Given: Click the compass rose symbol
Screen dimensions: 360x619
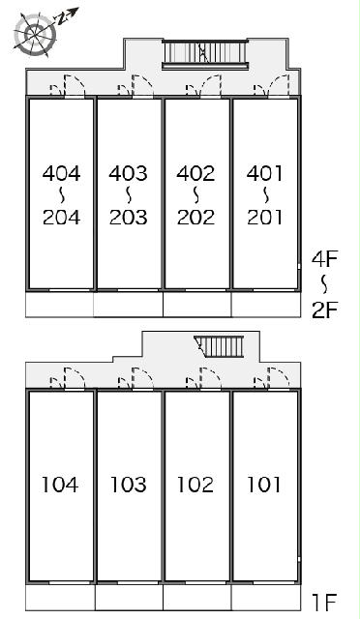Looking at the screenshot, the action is (x=35, y=35).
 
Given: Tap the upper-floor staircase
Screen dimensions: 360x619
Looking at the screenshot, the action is (x=205, y=54).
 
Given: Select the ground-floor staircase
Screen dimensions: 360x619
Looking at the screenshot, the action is (x=220, y=346).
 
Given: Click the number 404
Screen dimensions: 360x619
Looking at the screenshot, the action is (x=61, y=173).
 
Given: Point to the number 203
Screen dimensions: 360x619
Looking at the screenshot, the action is (x=129, y=217).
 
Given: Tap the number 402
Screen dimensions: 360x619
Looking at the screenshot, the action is (x=196, y=173).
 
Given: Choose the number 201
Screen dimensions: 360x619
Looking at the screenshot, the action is (x=264, y=217).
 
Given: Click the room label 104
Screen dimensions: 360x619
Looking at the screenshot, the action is (x=60, y=485).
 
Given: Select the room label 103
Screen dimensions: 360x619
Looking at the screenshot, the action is (x=128, y=485).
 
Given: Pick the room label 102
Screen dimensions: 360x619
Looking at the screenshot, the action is (x=195, y=485).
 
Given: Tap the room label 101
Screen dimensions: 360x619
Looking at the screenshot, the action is (x=263, y=485).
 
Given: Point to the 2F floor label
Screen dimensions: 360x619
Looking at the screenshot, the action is (x=324, y=309).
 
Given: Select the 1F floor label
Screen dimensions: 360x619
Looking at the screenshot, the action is (x=325, y=602).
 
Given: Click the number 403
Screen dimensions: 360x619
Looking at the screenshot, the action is (x=129, y=173).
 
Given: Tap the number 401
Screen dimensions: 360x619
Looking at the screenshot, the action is (x=264, y=173).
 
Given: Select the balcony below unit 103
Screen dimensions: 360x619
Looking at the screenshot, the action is (x=129, y=597).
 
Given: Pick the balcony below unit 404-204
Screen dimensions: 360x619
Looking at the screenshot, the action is (x=60, y=305).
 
